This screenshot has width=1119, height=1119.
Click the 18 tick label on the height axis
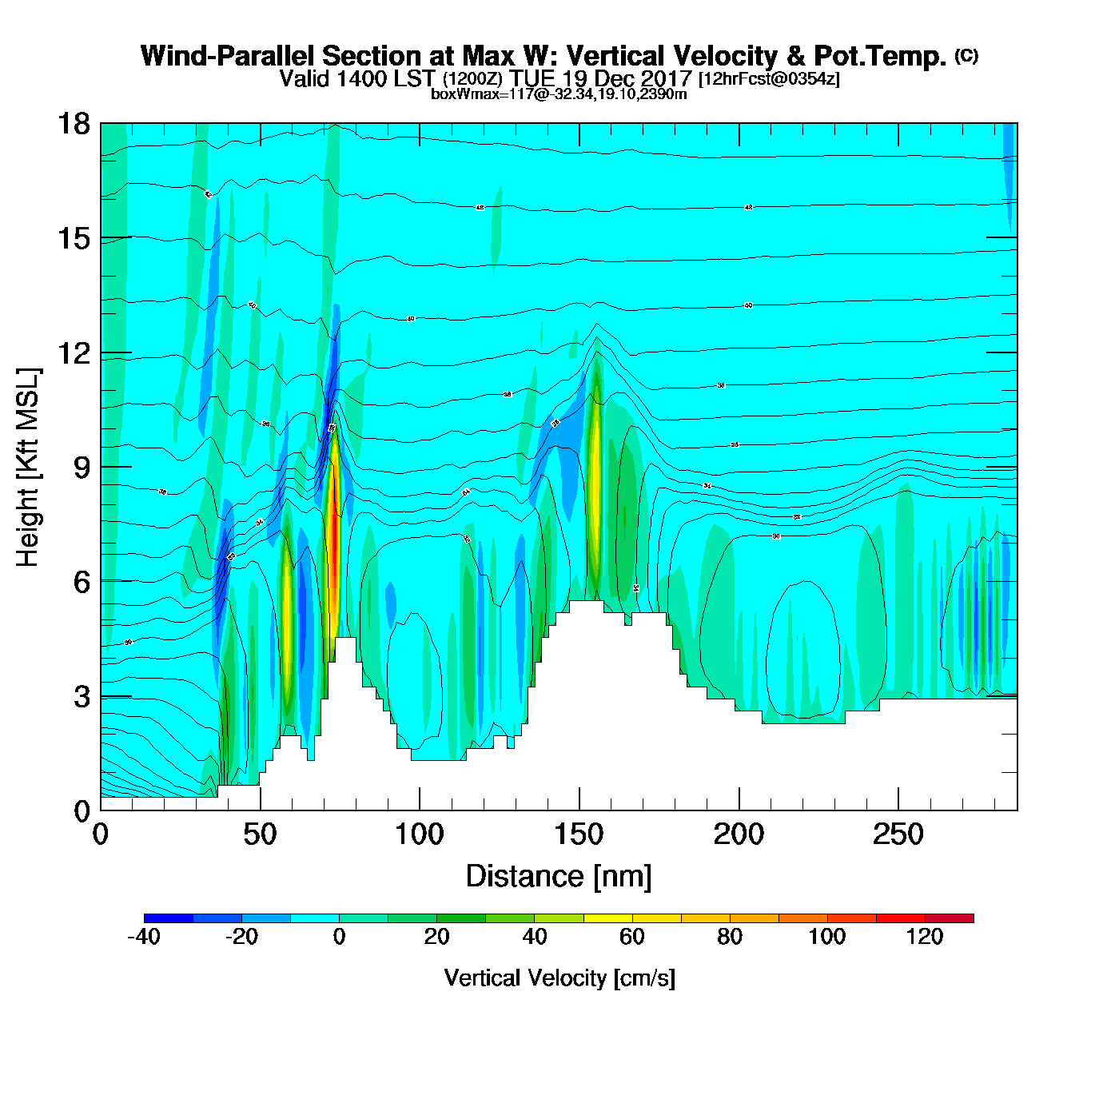coord(73,124)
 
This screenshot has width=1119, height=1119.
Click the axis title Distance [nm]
coord(559,877)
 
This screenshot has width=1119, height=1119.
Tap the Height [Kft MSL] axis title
coord(28,468)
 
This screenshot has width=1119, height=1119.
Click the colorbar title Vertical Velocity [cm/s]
coord(559,978)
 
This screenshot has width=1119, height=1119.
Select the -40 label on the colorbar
coord(144,937)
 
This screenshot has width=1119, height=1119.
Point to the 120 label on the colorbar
coord(925,937)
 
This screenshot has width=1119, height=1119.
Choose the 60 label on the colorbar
coord(632,937)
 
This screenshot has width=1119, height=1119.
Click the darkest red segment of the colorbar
coord(950,918)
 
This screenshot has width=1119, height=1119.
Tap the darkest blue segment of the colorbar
coord(169,918)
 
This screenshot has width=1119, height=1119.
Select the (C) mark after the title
coord(966,55)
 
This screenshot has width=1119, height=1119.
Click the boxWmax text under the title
coord(559,94)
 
